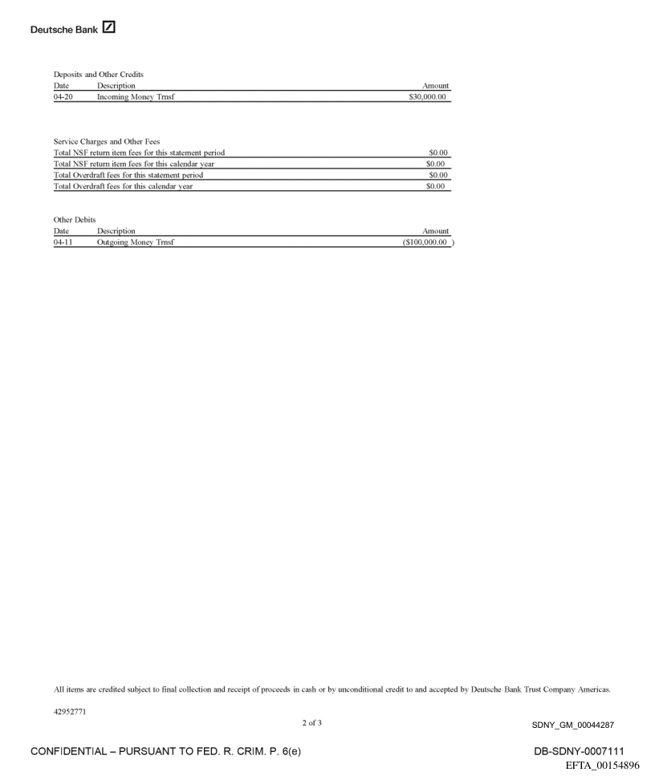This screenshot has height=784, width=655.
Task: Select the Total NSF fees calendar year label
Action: (x=133, y=164)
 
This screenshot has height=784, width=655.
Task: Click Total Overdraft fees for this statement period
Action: (x=128, y=175)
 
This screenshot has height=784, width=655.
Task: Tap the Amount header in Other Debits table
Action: (x=434, y=230)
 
